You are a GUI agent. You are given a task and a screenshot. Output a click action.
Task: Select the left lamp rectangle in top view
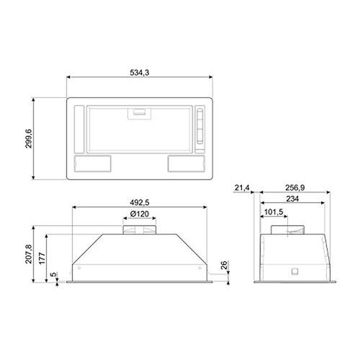[x=92, y=163]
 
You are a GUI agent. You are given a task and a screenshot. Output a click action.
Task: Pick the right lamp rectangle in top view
[x=184, y=163]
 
